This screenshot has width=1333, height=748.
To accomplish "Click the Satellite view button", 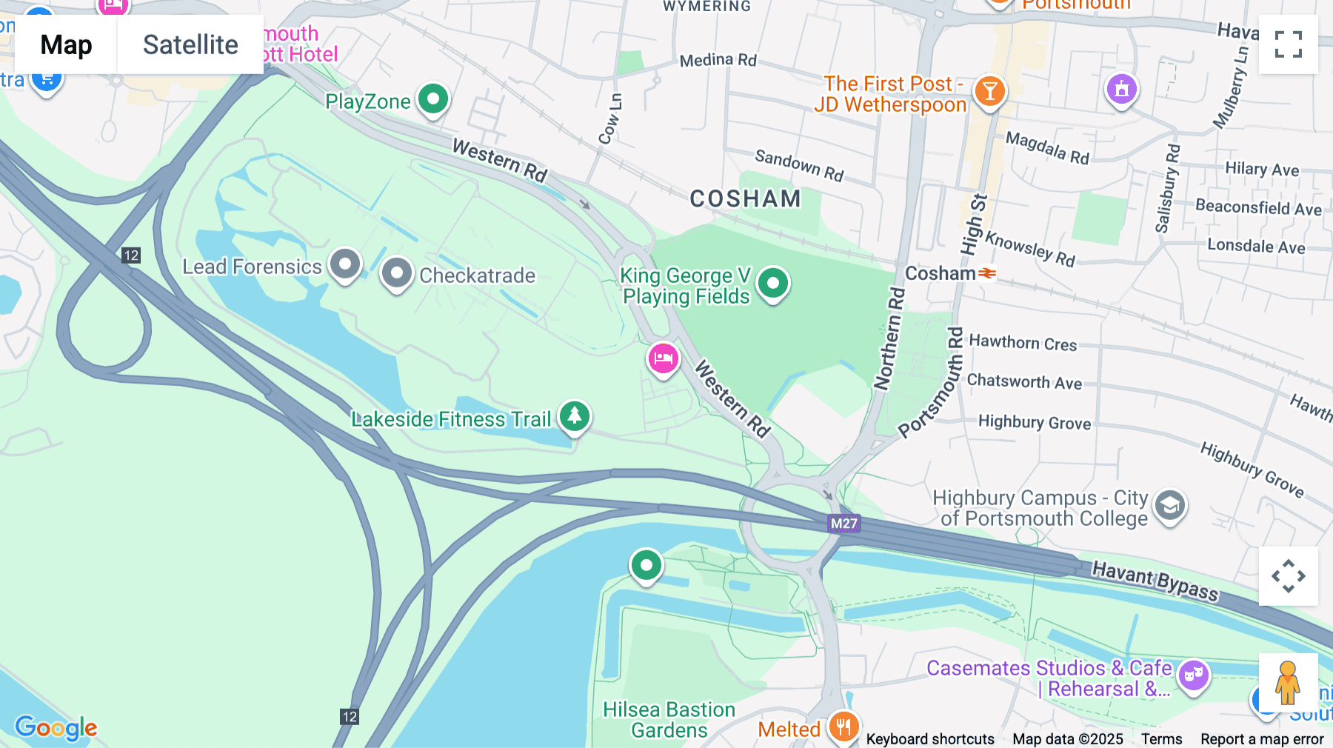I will pyautogui.click(x=190, y=45).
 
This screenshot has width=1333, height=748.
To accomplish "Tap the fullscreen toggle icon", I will pyautogui.click(x=1288, y=44).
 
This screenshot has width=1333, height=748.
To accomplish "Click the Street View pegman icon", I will pyautogui.click(x=1287, y=683).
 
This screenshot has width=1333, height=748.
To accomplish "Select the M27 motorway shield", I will pyautogui.click(x=843, y=524).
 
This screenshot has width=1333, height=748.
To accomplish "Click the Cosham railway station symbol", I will pyautogui.click(x=987, y=273).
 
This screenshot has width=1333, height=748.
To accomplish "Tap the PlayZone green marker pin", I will pyautogui.click(x=433, y=98).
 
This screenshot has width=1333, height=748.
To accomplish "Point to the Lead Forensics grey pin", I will pyautogui.click(x=345, y=264).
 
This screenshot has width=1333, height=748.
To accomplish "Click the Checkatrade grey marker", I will pyautogui.click(x=397, y=273).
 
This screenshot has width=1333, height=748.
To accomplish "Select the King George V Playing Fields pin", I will pyautogui.click(x=773, y=283).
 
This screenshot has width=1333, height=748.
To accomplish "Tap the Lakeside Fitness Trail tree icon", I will pyautogui.click(x=575, y=415).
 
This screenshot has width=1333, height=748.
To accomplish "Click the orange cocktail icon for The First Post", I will pyautogui.click(x=989, y=92).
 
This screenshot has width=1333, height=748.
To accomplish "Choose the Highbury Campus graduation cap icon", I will pyautogui.click(x=1169, y=507).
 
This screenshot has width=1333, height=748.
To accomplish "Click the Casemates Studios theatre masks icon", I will pyautogui.click(x=1193, y=675).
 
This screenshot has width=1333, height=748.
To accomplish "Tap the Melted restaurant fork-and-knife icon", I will pyautogui.click(x=843, y=727).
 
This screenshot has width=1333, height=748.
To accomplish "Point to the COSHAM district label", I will pyautogui.click(x=745, y=198).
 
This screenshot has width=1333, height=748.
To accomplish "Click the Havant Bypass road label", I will pyautogui.click(x=1155, y=581).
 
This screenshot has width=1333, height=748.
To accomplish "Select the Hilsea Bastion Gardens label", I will pyautogui.click(x=669, y=720).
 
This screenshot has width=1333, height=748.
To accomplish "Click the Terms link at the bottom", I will pyautogui.click(x=1161, y=738).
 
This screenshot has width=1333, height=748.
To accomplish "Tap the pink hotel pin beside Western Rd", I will pyautogui.click(x=663, y=359).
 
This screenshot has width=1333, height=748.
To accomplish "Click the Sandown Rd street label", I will pyautogui.click(x=798, y=165).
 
